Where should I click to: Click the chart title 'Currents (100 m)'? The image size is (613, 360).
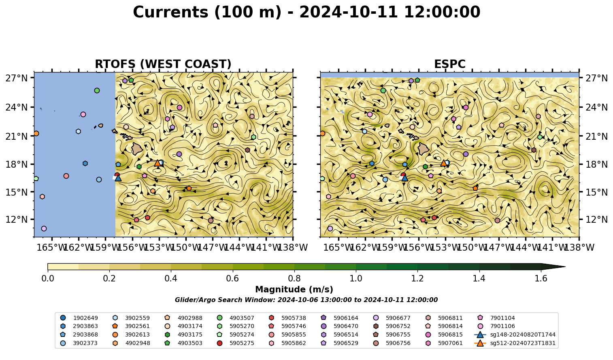pyautogui.click(x=207, y=12)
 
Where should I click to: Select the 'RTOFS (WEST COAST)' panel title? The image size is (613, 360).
pyautogui.click(x=163, y=64)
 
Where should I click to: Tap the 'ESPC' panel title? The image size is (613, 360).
pyautogui.click(x=449, y=64)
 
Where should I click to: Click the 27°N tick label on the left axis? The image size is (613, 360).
pyautogui.click(x=17, y=78)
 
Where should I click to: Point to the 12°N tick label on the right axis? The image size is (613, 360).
pyautogui.click(x=596, y=219)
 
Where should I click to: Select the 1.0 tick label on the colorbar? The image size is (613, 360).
pyautogui.click(x=356, y=279)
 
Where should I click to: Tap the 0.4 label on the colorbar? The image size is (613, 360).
pyautogui.click(x=171, y=279)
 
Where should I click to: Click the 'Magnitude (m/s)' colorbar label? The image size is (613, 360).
pyautogui.click(x=294, y=290)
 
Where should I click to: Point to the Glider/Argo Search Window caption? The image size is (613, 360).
pyautogui.click(x=306, y=300)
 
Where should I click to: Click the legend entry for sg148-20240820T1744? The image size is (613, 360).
pyautogui.click(x=515, y=334)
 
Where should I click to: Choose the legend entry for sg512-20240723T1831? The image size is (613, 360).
pyautogui.click(x=515, y=343)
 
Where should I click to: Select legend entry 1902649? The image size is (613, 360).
pyautogui.click(x=79, y=318)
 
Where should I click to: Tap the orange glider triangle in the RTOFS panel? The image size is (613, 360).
pyautogui.click(x=158, y=163)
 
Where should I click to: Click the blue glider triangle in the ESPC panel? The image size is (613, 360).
pyautogui.click(x=405, y=178)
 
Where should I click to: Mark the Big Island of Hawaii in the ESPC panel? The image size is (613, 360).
pyautogui.click(x=424, y=149)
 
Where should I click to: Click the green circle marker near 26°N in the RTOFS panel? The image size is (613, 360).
pyautogui.click(x=97, y=91)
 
